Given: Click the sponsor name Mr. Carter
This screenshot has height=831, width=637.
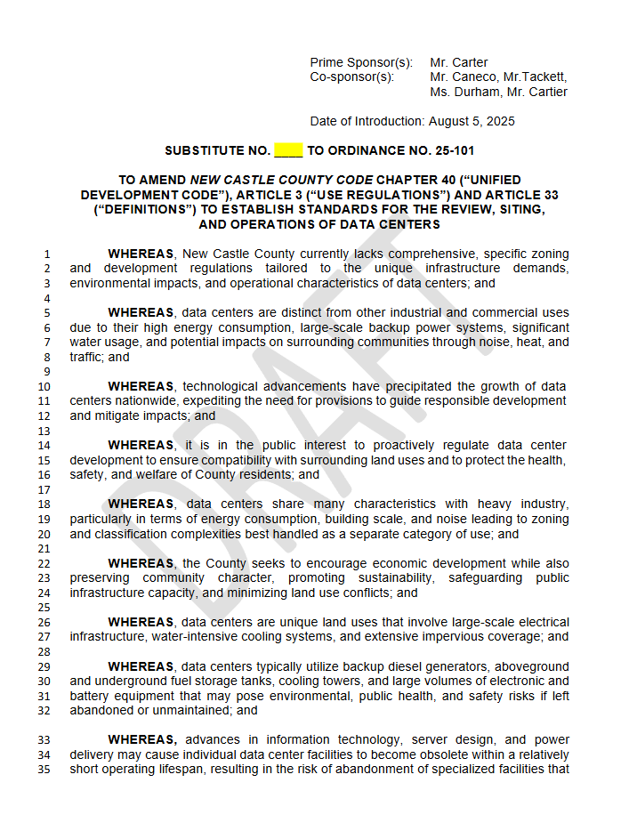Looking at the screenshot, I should pyautogui.click(x=458, y=62).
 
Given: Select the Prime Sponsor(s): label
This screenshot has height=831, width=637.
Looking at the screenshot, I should pyautogui.click(x=361, y=62).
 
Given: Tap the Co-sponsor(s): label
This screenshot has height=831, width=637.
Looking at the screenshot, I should pyautogui.click(x=351, y=77).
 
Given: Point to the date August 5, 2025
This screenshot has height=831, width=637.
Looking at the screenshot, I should pyautogui.click(x=472, y=121).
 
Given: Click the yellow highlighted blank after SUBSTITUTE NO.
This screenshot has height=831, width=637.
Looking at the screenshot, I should pyautogui.click(x=288, y=151).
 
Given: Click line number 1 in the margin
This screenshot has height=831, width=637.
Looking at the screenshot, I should pyautogui.click(x=47, y=254).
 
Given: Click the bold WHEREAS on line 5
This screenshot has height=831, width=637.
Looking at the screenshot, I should pyautogui.click(x=141, y=312).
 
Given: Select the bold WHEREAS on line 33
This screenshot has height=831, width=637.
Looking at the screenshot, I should pyautogui.click(x=142, y=739).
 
